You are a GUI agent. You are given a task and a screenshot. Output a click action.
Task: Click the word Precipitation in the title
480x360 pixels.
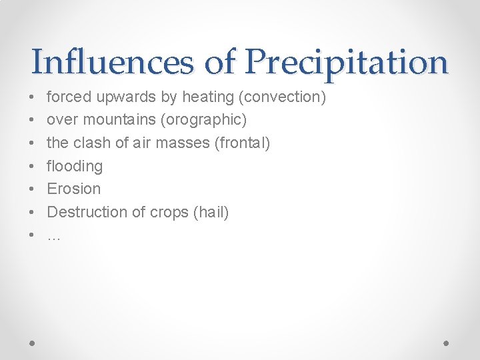point(346,62)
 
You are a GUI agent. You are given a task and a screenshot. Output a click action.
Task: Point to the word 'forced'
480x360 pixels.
point(69,97)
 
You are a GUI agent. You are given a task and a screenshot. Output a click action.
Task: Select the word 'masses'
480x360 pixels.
point(187,143)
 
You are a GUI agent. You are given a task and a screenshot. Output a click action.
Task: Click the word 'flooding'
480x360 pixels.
point(74,166)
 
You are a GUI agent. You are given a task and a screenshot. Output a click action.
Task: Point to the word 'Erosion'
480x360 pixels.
point(73,189)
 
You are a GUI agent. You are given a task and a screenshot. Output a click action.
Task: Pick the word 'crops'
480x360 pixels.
point(165,212)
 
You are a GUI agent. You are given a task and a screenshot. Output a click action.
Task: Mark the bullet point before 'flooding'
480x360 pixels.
point(33,166)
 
